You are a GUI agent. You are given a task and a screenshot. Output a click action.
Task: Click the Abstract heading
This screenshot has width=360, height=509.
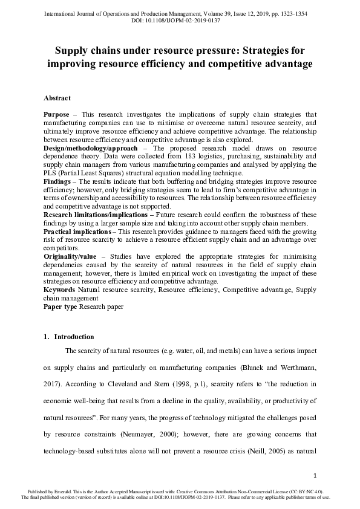point(57,98)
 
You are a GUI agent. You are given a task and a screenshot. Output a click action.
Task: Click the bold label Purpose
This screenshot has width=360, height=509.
point(56,114)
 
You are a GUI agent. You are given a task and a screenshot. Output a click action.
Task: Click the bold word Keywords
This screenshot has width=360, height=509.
point(59,290)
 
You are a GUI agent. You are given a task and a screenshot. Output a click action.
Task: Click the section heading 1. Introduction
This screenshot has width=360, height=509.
point(69,337)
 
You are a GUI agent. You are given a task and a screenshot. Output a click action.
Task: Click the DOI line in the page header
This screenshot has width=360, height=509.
point(180,20)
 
